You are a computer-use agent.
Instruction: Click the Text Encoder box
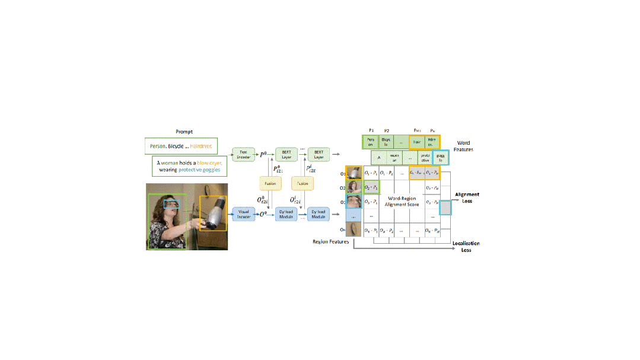(243, 154)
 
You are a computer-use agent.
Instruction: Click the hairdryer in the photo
(213, 215)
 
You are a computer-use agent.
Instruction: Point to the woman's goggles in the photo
(171, 203)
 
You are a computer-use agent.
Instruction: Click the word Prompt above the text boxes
(184, 132)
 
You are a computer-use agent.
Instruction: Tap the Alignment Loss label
(467, 197)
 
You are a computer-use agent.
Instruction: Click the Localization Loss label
(466, 246)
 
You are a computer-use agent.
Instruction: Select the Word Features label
(464, 146)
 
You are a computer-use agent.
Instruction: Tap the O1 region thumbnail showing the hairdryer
(355, 173)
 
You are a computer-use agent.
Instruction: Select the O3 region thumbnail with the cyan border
(355, 202)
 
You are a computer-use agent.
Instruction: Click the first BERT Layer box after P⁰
(285, 154)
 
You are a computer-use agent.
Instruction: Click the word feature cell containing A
(378, 158)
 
